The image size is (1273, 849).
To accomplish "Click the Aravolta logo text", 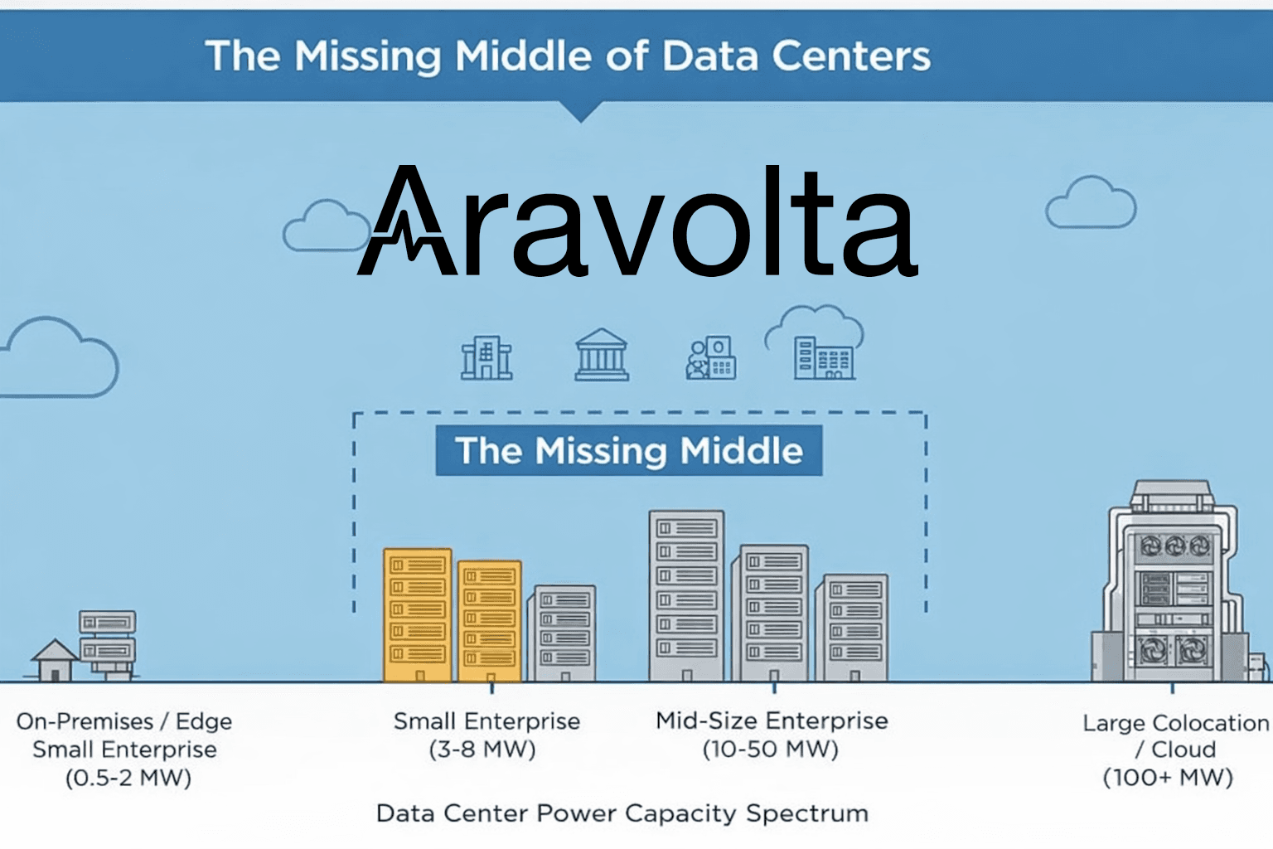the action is coord(637,221).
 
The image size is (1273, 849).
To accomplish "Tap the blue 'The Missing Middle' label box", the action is coord(628,450).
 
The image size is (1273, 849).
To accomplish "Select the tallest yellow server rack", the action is coord(418,614).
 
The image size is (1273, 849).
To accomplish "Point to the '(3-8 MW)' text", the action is coord(482,750).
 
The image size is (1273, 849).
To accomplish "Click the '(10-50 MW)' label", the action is coord(771,750).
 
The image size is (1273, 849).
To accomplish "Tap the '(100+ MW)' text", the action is coord(1168,778).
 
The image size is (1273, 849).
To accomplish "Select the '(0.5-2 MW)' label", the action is coord(128,778).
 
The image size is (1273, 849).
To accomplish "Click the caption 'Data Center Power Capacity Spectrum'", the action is coord(622,813).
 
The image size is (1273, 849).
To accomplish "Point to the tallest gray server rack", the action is coord(686,595).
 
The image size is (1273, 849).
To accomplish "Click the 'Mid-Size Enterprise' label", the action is coord(772,721).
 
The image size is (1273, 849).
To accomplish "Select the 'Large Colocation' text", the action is coord(1176,723).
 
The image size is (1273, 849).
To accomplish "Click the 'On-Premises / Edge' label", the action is coord(123,721).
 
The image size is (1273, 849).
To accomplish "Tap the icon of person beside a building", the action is coord(710,357).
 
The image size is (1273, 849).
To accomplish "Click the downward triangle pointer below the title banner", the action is coord(581,111).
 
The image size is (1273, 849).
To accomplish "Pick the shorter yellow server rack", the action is coord(489,621).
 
